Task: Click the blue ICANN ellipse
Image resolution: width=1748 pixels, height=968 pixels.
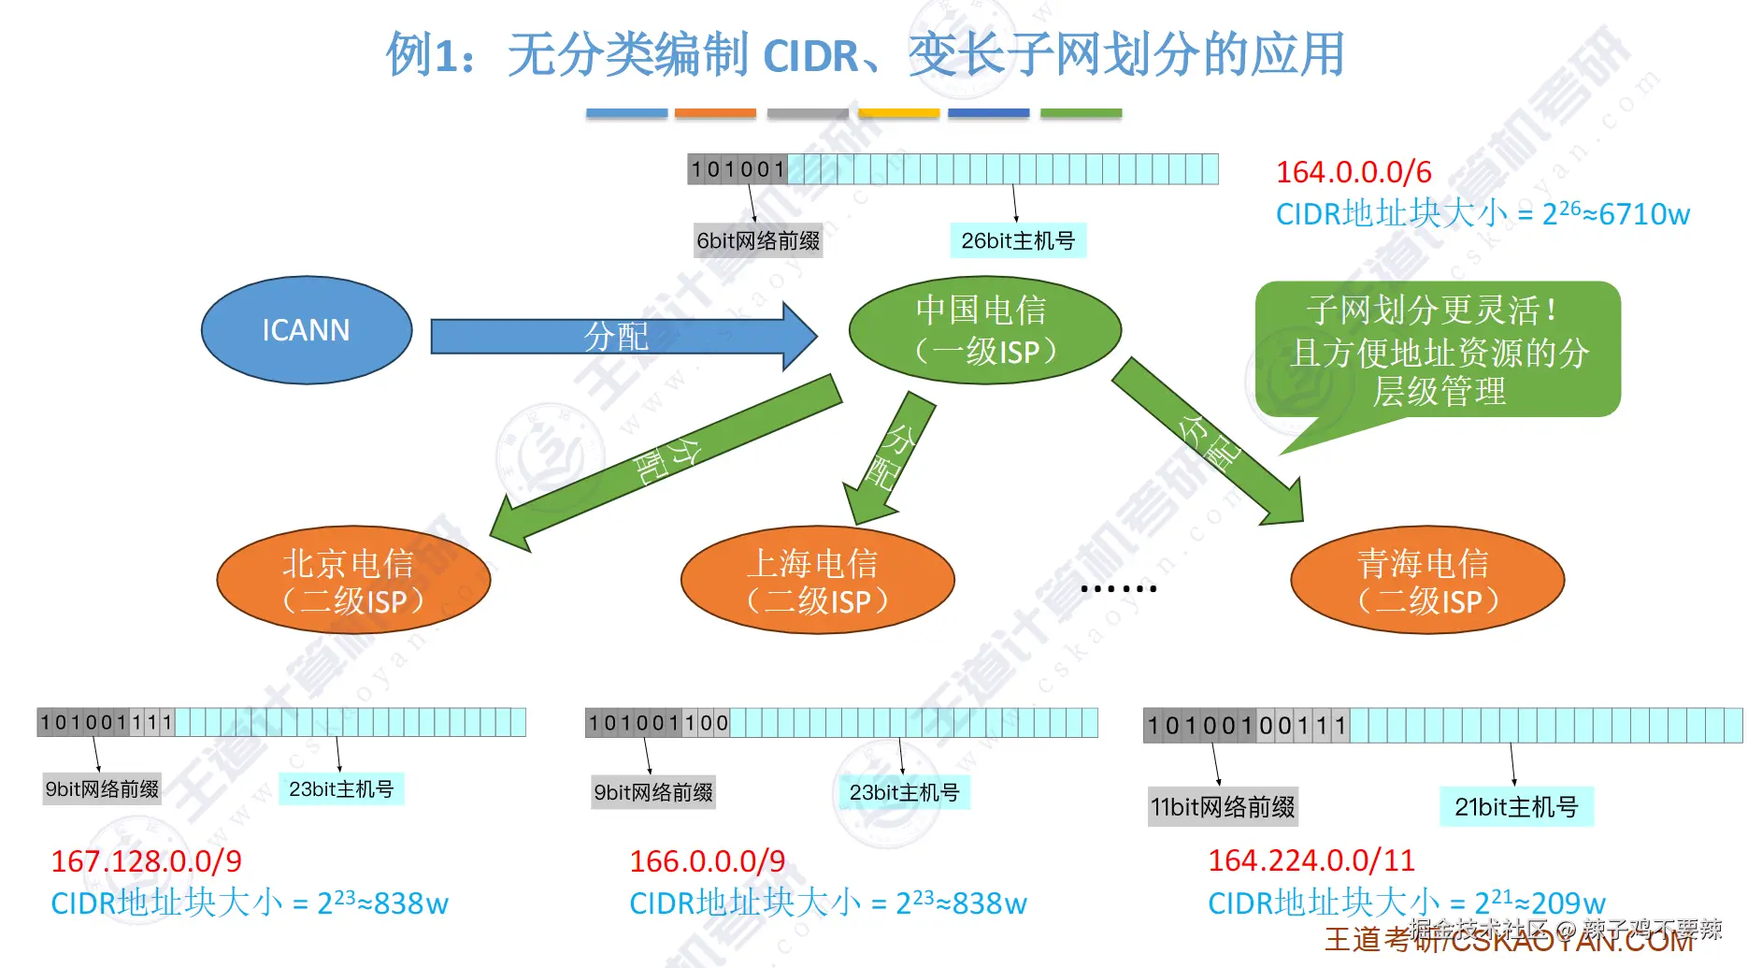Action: [x=307, y=330]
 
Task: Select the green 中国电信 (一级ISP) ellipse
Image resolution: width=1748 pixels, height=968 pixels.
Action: [x=984, y=330]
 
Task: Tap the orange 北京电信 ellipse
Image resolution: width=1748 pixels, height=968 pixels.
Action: [x=353, y=580]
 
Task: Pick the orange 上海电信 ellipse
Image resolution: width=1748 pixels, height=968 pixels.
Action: [x=817, y=580]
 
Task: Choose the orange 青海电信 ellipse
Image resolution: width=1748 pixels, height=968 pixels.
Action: [x=1426, y=580]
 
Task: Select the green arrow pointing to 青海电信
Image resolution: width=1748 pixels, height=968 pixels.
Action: [x=1206, y=440]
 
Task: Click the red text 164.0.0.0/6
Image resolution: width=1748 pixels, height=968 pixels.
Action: [x=1353, y=172]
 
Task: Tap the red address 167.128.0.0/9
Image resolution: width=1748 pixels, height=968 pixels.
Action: [x=146, y=860]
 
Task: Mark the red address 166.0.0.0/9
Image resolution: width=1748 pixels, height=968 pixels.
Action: [x=707, y=860]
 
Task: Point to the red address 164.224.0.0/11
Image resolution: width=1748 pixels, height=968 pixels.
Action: [x=1311, y=860]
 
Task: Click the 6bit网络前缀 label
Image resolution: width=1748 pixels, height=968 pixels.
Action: [x=757, y=241]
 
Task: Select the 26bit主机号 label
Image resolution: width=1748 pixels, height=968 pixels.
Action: [x=1017, y=241]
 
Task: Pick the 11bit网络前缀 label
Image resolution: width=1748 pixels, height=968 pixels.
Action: [x=1222, y=806]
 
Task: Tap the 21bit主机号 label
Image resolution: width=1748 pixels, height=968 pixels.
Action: [x=1515, y=806]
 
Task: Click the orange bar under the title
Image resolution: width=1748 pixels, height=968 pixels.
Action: [x=715, y=113]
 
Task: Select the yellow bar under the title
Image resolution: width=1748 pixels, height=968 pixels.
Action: [x=898, y=113]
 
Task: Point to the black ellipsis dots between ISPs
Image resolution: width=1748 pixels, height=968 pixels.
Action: [x=1118, y=588]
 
